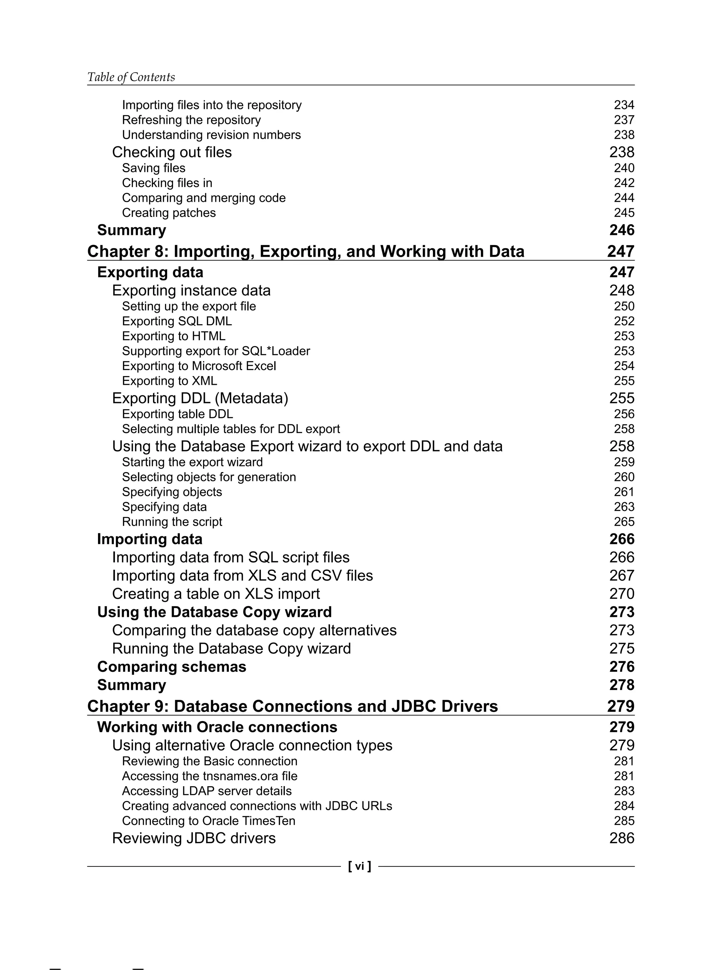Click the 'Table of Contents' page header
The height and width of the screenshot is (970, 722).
click(131, 77)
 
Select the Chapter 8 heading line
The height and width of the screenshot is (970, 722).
click(306, 251)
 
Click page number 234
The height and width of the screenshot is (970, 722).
click(624, 105)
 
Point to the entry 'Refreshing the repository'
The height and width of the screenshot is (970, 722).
click(191, 120)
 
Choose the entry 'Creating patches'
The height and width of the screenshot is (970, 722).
click(169, 213)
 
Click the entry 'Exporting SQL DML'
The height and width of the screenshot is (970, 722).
click(177, 321)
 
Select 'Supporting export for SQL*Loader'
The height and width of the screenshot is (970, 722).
click(216, 351)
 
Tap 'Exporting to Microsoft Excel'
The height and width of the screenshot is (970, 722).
click(199, 366)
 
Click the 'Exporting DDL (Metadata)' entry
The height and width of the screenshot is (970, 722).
click(200, 398)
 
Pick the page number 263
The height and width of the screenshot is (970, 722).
click(624, 507)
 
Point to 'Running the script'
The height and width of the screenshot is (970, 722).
click(172, 522)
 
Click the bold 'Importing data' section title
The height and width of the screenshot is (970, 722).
click(149, 539)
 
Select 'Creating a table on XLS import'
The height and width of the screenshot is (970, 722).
click(216, 594)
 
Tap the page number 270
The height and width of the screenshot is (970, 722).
click(622, 594)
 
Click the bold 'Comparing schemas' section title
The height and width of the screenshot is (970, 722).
click(171, 667)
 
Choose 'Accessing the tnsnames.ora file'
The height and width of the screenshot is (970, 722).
click(209, 776)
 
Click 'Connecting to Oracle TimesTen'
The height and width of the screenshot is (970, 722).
click(208, 821)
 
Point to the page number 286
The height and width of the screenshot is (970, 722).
click(622, 838)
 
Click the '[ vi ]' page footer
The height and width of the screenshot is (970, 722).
click(359, 866)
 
